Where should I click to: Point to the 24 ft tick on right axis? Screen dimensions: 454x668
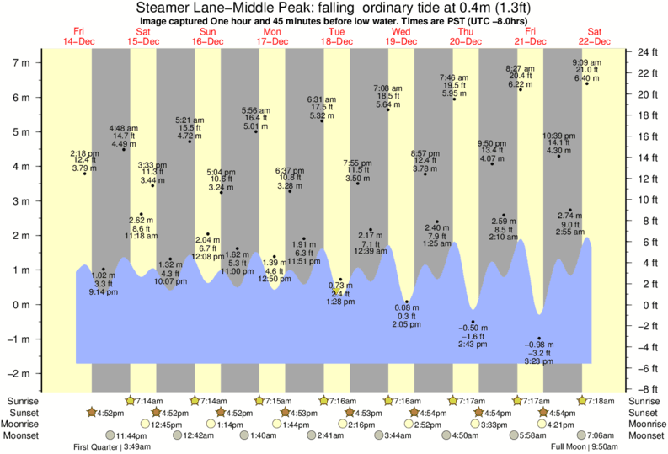tap(646, 52)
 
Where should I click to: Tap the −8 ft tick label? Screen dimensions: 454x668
tap(646, 389)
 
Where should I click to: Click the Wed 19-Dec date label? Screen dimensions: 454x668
tap(401, 36)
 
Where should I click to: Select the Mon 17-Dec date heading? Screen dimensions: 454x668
tap(272, 36)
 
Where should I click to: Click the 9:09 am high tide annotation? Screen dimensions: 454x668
tap(586, 71)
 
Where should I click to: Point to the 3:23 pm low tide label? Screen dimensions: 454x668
tap(539, 352)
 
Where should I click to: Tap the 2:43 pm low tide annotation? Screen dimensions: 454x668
tap(473, 336)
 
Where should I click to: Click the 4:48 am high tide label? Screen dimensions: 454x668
tap(124, 136)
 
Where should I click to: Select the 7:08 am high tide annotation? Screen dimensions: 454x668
tap(388, 96)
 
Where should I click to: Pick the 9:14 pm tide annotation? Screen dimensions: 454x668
tap(103, 284)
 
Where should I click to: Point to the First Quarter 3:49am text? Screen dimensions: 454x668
tap(106, 446)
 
